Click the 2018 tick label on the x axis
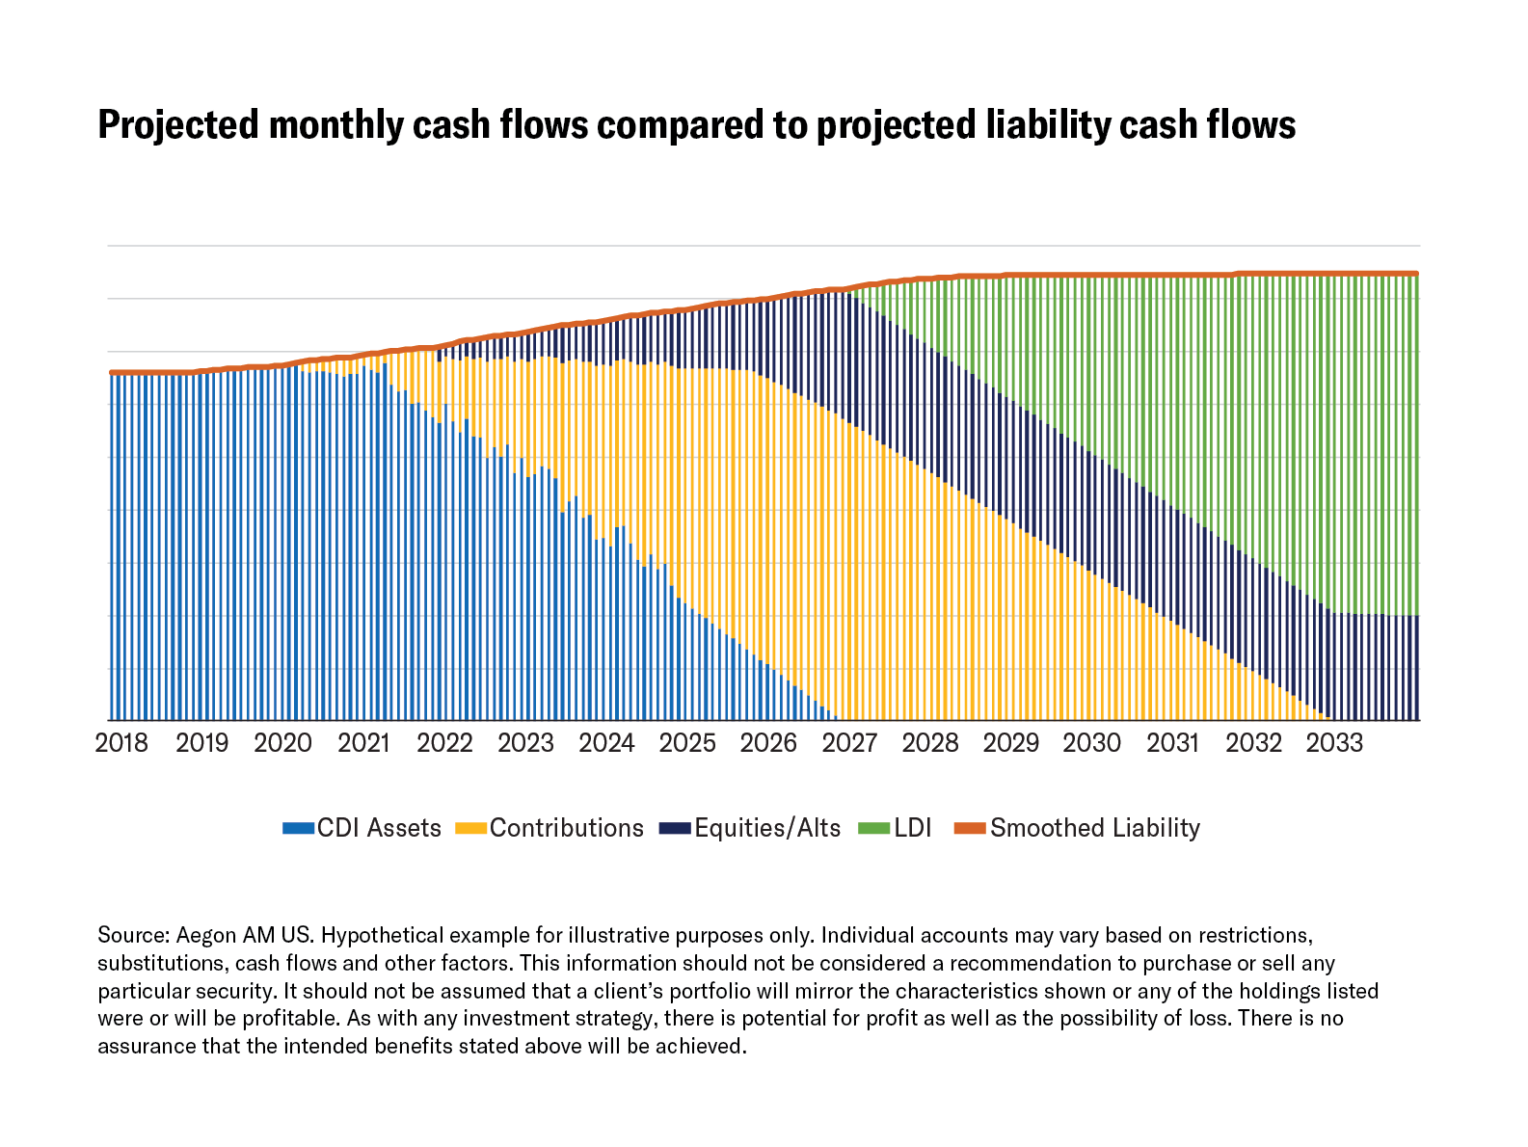121,743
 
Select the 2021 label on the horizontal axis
363,743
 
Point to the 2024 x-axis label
606,743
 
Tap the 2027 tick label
849,743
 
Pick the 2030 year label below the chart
1091,743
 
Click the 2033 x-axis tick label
1334,743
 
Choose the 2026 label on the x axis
768,743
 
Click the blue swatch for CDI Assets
298,829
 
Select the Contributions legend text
566,829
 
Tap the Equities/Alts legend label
767,829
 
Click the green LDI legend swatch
873,829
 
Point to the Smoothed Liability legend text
1094,829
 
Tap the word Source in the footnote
133,936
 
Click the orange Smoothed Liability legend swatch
970,829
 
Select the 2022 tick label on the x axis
444,743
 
